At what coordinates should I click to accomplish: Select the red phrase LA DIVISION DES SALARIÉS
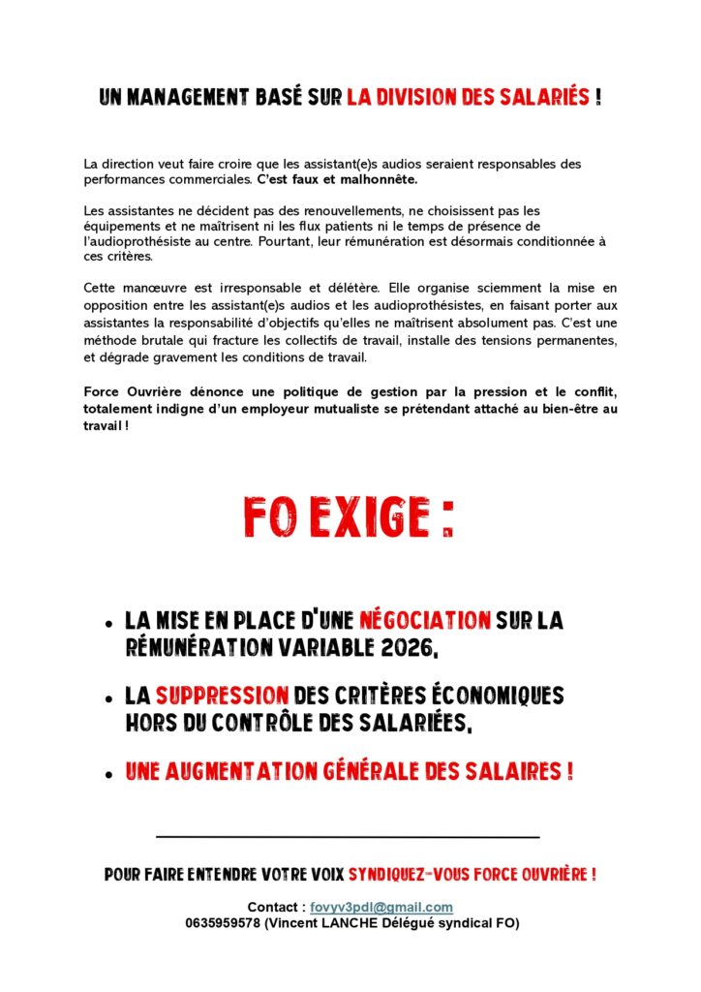point(468,98)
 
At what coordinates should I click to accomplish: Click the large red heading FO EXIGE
point(349,518)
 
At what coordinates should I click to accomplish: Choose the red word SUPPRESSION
point(223,696)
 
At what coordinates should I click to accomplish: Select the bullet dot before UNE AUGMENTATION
point(107,774)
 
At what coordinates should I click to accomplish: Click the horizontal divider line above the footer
point(348,835)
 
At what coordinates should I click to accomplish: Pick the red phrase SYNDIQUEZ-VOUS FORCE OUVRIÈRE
point(472,875)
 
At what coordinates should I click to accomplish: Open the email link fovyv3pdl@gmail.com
point(381,907)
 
